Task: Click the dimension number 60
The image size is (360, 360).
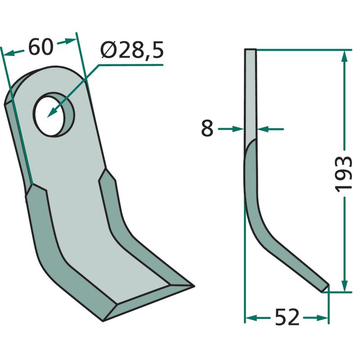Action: pos(41,47)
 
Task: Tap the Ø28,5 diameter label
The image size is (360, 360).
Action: pos(132,50)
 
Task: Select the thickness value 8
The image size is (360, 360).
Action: pos(207,129)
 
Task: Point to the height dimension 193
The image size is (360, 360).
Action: pos(343,174)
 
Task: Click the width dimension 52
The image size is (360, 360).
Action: pos(287,318)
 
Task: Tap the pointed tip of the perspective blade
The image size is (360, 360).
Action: pos(194,286)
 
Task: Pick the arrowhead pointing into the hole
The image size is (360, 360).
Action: pos(53,111)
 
